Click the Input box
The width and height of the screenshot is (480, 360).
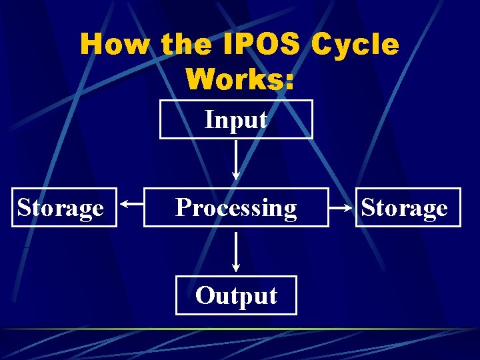click(236, 119)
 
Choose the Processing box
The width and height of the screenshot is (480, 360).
click(236, 207)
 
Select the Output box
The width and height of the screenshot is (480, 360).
click(236, 295)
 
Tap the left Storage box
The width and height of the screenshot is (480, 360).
click(64, 207)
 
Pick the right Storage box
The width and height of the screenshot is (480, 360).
click(408, 207)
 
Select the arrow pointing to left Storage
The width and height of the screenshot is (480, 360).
click(131, 207)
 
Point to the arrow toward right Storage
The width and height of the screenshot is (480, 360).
click(341, 207)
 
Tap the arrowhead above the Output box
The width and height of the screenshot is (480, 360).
click(236, 267)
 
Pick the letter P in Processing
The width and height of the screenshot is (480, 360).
click(182, 207)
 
